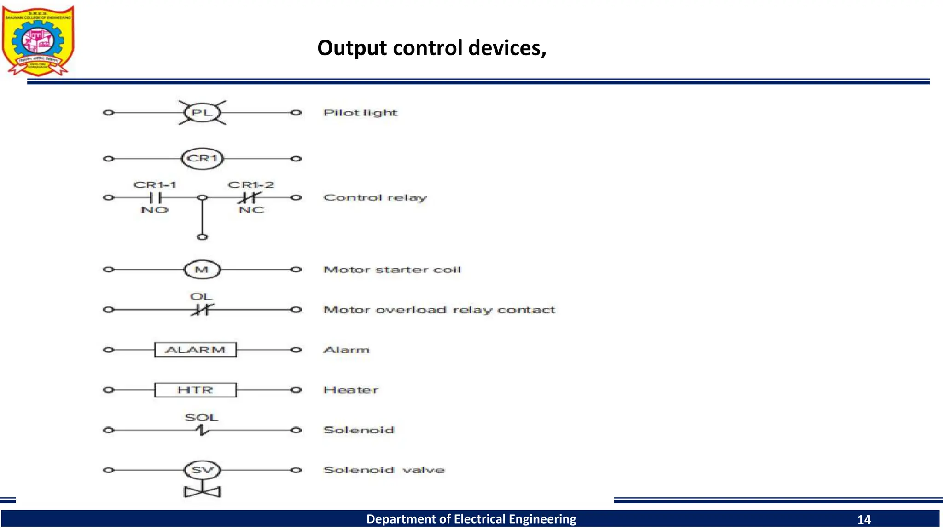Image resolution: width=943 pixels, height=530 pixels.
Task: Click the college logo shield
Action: coord(38,40)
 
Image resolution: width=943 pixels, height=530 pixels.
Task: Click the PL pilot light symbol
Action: coord(202,113)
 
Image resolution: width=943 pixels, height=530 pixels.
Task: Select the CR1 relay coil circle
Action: coord(202,159)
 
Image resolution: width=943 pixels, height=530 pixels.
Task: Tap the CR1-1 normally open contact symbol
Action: coord(155,198)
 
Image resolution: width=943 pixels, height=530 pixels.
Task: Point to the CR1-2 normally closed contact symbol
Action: coord(250,198)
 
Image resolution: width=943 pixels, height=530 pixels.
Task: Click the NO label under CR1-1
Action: coord(155,210)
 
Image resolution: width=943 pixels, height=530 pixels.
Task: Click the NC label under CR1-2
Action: coord(251,210)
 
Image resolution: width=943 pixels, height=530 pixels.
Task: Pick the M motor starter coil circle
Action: coord(202,270)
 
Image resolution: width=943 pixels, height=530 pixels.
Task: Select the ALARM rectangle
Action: coord(195,350)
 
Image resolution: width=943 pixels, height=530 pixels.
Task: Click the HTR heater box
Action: coord(195,390)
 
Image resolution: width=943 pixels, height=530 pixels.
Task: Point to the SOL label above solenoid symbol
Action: coord(201,418)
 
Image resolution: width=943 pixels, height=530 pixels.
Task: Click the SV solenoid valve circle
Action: coord(202,470)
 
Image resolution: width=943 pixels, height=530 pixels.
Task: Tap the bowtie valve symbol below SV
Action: coord(203,492)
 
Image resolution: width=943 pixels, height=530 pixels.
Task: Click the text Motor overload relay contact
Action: coord(439,310)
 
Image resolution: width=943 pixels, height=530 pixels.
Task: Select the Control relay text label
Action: coord(375,198)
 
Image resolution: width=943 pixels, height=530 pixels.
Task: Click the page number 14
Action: coord(864,520)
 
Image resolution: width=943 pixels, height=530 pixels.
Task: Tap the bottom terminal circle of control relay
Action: coord(202,237)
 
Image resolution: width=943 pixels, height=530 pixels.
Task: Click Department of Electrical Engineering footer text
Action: coord(471,519)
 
